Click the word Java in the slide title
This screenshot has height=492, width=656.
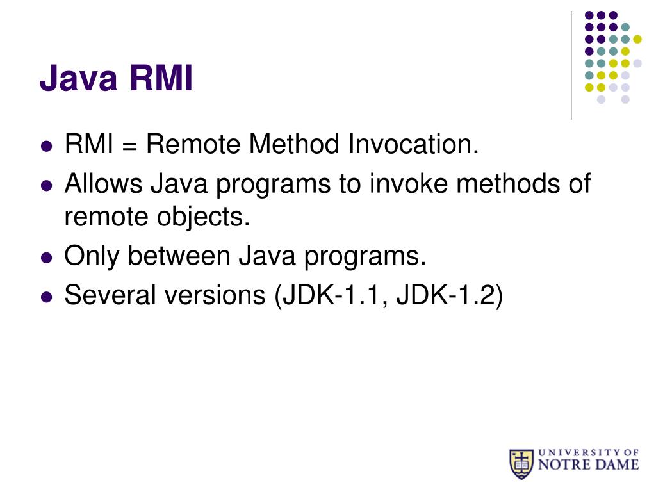point(79,80)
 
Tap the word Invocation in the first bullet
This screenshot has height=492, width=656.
point(413,145)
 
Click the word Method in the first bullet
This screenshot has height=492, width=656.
point(294,145)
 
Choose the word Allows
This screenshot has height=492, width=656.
point(104,184)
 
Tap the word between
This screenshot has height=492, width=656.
point(180,257)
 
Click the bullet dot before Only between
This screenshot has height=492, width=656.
point(45,258)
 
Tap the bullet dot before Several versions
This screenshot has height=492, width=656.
point(45,297)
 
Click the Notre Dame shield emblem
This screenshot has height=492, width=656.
point(521,464)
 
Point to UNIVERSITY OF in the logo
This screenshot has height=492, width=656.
point(588,451)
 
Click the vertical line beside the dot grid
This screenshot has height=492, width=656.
point(571,64)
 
